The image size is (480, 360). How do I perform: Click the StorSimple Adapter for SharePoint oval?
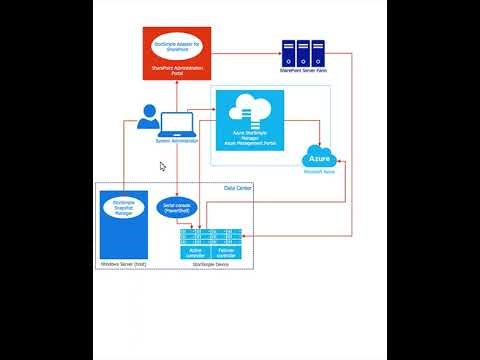(x=175, y=46)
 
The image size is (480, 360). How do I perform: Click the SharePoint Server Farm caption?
(x=303, y=71)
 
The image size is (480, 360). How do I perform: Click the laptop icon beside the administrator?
(x=177, y=124)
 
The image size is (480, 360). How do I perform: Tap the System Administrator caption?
(x=176, y=141)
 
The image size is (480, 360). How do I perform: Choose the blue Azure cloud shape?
(x=320, y=159)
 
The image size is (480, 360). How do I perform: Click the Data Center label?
(x=238, y=187)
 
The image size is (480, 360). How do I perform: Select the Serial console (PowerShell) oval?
(x=176, y=209)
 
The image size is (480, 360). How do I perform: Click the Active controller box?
(x=195, y=251)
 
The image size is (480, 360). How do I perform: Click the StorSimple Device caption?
(x=210, y=264)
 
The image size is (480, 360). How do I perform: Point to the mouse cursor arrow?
(x=163, y=167)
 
